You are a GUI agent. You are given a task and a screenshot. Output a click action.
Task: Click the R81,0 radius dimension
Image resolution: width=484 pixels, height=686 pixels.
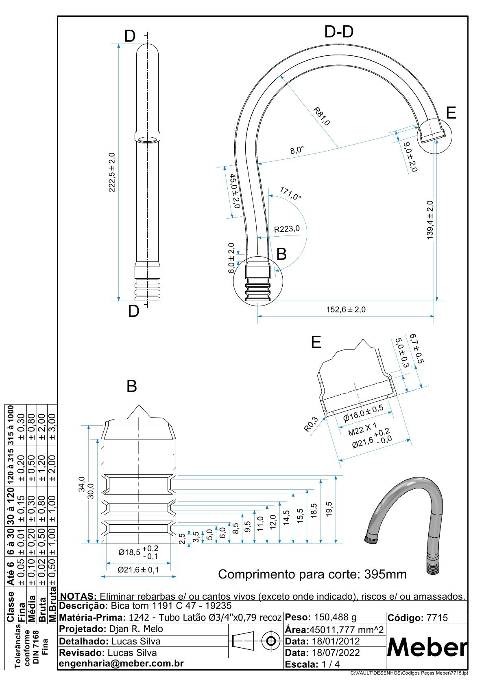[322, 116]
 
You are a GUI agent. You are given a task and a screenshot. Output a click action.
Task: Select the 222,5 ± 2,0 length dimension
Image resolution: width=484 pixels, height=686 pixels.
[112, 172]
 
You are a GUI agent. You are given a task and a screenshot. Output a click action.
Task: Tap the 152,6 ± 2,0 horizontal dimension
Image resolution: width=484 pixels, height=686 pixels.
[346, 309]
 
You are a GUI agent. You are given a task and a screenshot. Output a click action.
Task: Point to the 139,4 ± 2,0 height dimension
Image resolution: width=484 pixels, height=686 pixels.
[430, 220]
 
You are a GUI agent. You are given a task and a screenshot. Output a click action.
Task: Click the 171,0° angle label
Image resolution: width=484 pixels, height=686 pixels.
[290, 194]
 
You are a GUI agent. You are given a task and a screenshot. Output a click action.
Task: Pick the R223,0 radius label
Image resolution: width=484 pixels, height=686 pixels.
[287, 229]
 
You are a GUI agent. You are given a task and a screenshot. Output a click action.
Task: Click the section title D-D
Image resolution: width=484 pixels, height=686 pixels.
[339, 31]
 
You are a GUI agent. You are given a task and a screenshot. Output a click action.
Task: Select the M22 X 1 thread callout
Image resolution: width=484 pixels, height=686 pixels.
[363, 429]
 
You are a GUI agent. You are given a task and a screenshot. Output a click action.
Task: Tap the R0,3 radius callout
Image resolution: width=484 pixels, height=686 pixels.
[311, 424]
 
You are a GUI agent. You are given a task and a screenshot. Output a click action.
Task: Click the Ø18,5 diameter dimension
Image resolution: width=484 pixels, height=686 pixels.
[139, 552]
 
